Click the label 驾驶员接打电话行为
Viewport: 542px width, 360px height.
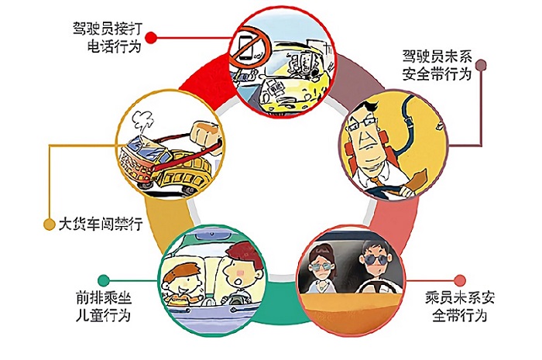tap(108, 37)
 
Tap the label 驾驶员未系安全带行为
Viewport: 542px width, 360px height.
tap(437, 65)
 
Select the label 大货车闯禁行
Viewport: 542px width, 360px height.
tap(101, 224)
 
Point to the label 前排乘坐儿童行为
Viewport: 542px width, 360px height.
tap(104, 307)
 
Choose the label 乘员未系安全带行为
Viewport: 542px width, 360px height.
tap(460, 307)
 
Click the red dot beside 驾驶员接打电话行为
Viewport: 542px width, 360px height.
tap(151, 38)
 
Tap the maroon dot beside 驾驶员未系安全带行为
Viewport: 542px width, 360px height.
tap(481, 65)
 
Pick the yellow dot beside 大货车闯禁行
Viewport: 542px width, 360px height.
tap(50, 225)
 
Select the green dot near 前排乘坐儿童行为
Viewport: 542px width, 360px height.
tap(104, 280)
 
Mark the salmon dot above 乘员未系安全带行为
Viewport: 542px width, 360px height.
tap(460, 280)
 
